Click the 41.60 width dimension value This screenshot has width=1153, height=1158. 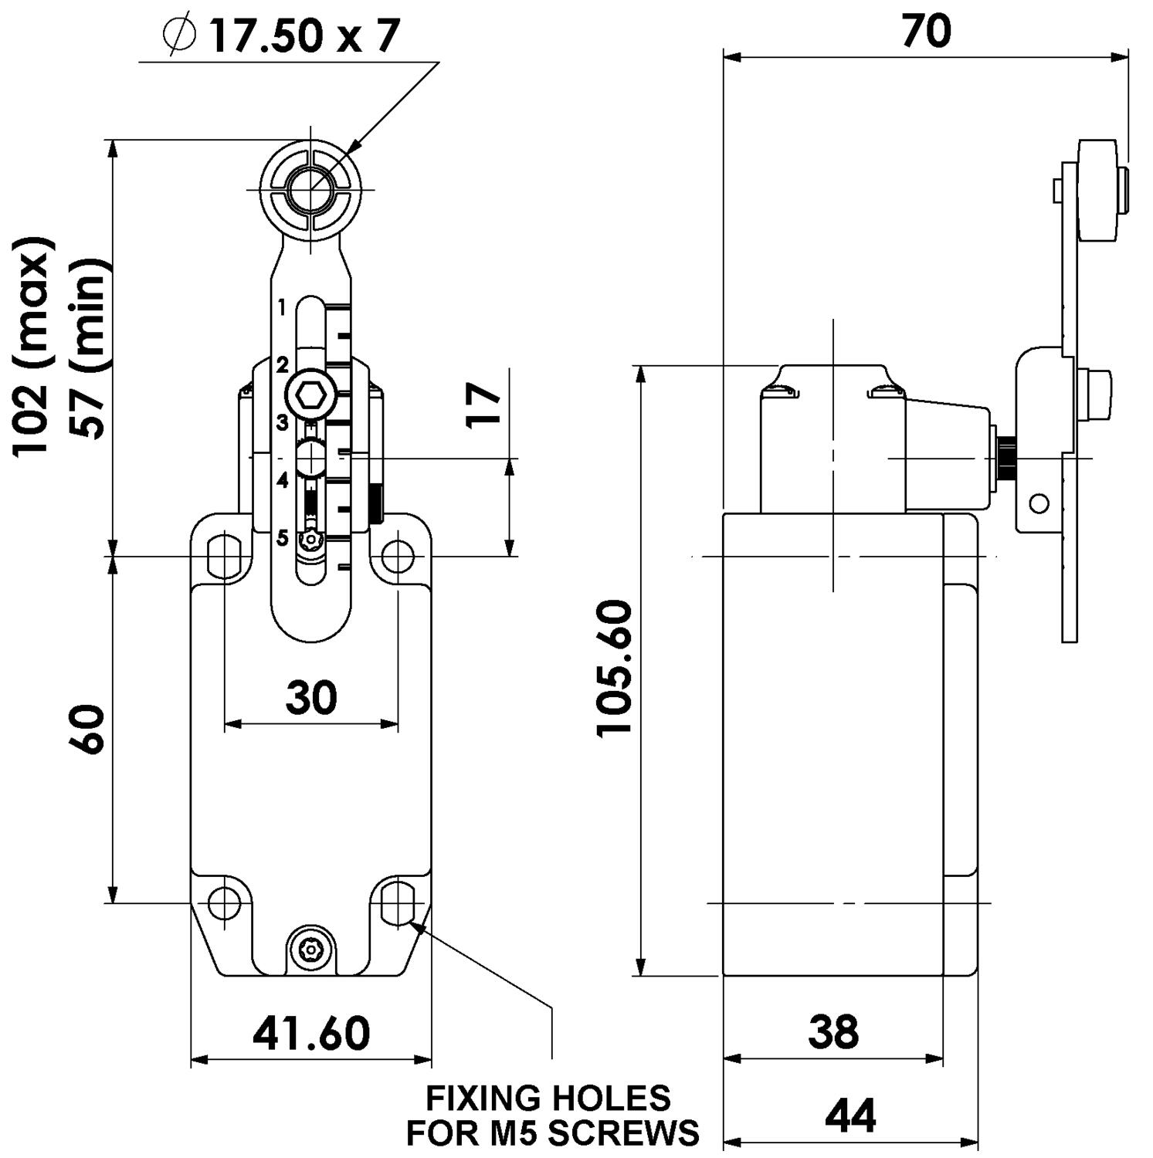tap(311, 1034)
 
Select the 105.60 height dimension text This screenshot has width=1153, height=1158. tap(615, 669)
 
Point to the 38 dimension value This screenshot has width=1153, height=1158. tap(833, 1031)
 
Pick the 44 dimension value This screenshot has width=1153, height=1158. tap(850, 1116)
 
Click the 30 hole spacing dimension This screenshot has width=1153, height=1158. tap(311, 697)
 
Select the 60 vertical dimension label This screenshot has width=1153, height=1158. tap(87, 729)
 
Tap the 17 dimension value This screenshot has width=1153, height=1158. tap(485, 405)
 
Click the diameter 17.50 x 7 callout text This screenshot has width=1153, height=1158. tap(282, 36)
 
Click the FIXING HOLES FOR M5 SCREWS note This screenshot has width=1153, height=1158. tap(552, 1115)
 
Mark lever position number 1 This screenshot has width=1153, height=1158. tap(282, 308)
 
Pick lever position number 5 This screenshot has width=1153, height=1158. tap(283, 537)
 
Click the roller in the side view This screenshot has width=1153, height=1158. tap(1097, 190)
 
